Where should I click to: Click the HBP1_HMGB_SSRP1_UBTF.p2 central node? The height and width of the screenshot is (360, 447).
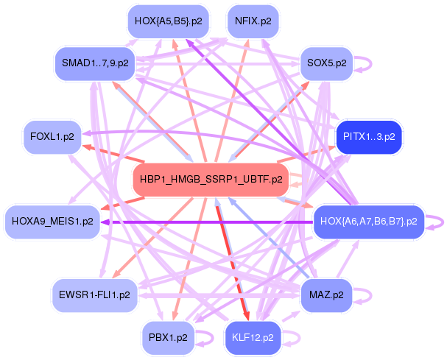coord(210,179)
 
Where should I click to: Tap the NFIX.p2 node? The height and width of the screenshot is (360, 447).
coord(253,21)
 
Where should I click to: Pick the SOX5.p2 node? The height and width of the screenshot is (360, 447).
coord(326,63)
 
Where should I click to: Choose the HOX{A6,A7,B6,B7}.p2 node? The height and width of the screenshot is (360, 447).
coord(366,220)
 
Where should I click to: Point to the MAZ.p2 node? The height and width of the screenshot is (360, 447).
coord(327,294)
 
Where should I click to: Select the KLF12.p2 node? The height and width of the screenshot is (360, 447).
coord(253,338)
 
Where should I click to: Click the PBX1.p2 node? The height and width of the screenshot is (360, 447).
coord(167,338)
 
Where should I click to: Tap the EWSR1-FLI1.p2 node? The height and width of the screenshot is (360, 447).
coord(94,294)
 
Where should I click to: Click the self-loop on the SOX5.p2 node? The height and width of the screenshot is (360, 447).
coord(362,63)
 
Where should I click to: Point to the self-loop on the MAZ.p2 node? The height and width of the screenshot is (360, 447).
coord(363,294)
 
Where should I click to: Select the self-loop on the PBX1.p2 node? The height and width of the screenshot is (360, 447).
coord(203,338)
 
